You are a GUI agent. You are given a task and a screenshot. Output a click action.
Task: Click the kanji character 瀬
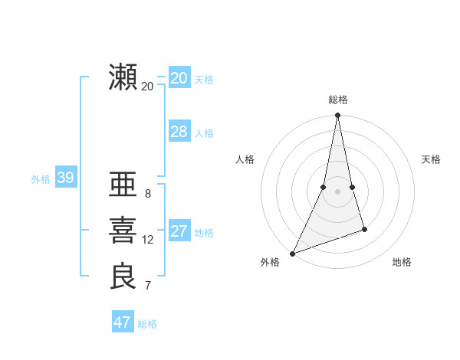click(123, 78)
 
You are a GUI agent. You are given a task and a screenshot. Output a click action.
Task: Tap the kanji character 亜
click(123, 186)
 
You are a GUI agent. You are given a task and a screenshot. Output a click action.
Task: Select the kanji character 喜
click(123, 231)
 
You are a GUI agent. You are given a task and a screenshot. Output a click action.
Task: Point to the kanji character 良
click(123, 277)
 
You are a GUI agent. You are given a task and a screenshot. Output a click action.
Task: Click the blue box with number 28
click(179, 132)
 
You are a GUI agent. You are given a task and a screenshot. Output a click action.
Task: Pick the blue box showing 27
click(179, 231)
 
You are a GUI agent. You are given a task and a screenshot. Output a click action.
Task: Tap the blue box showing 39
click(65, 178)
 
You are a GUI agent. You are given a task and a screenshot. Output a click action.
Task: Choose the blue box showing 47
click(123, 322)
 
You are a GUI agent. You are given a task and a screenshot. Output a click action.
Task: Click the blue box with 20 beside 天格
click(179, 78)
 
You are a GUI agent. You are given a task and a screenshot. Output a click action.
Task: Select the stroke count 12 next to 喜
click(148, 240)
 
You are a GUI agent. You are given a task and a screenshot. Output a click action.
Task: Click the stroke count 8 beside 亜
click(148, 194)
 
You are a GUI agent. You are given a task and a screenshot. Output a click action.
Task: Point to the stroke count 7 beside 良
click(148, 286)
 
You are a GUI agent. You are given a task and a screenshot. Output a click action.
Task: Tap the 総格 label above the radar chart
click(338, 100)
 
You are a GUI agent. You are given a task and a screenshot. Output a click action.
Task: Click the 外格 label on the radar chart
click(270, 262)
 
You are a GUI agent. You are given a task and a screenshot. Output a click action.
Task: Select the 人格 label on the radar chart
click(245, 159)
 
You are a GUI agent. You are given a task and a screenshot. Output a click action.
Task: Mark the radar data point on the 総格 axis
click(338, 116)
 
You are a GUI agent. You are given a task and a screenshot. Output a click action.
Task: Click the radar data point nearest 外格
click(293, 253)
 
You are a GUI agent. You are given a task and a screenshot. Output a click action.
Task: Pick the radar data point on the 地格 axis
click(364, 229)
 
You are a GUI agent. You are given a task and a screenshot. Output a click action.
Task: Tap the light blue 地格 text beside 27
click(204, 233)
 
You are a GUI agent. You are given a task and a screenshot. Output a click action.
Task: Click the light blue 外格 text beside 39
click(41, 179)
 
